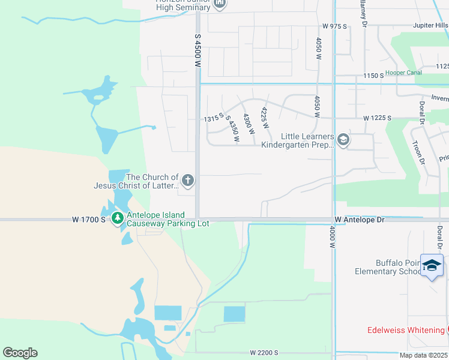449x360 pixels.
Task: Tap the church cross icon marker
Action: pyautogui.click(x=188, y=179)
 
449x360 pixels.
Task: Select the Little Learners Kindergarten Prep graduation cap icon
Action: pyautogui.click(x=343, y=140)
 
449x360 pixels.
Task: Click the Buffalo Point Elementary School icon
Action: pyautogui.click(x=432, y=266)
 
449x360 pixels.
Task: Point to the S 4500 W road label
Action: pyautogui.click(x=197, y=53)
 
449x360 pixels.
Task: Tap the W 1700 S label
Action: pyautogui.click(x=89, y=220)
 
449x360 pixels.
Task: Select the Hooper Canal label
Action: pyautogui.click(x=403, y=73)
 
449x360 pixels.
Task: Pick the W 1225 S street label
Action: pyautogui.click(x=377, y=118)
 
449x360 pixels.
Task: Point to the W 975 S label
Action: pyautogui.click(x=334, y=26)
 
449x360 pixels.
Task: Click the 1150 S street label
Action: pyautogui.click(x=373, y=76)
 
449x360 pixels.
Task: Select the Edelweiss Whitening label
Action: pyautogui.click(x=406, y=330)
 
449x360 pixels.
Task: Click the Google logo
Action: pyautogui.click(x=20, y=353)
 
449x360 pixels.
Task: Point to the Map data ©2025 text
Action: pyautogui.click(x=423, y=355)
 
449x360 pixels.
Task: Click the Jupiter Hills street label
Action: pyautogui.click(x=430, y=26)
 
